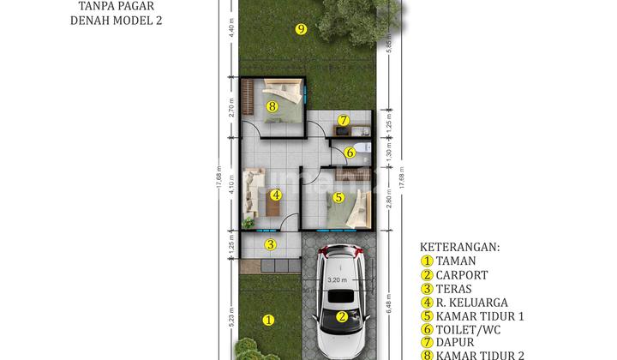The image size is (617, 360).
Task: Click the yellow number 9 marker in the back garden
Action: tap(300, 29)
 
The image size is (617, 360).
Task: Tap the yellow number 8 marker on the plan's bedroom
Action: tap(272, 107)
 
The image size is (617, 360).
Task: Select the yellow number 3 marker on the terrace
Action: tap(269, 245)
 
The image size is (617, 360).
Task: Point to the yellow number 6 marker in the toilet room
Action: tap(350, 153)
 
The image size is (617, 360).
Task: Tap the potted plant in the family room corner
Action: tap(249, 223)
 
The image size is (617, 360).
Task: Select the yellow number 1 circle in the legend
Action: tap(426, 261)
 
